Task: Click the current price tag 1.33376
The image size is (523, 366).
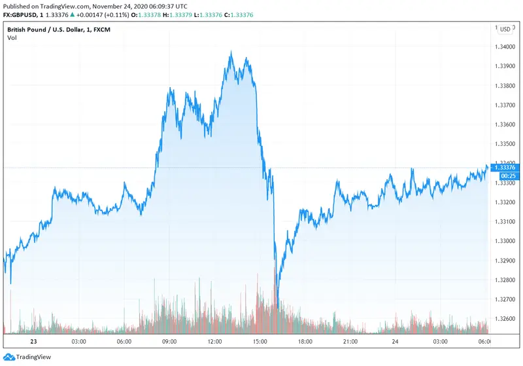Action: [507, 168]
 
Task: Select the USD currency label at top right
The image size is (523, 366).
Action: [505, 29]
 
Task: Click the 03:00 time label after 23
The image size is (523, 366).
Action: [78, 342]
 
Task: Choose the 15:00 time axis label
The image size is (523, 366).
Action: [260, 342]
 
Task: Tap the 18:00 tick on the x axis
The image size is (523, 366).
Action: [305, 342]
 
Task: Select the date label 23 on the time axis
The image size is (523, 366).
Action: [33, 342]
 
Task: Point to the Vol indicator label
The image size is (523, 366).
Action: [12, 38]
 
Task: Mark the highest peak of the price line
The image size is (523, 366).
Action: [231, 52]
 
